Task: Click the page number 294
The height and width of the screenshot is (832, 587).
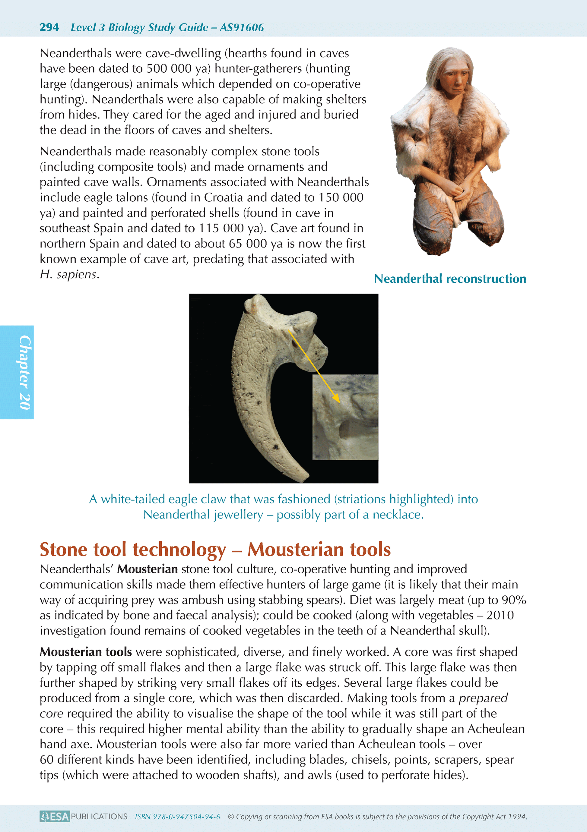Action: pyautogui.click(x=49, y=27)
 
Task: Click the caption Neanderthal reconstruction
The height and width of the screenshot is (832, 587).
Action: pyautogui.click(x=450, y=279)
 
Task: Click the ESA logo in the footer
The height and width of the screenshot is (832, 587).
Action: pyautogui.click(x=55, y=816)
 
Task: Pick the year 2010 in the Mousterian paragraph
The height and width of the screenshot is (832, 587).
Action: pyautogui.click(x=500, y=615)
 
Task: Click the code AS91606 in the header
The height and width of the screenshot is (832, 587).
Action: pyautogui.click(x=242, y=27)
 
